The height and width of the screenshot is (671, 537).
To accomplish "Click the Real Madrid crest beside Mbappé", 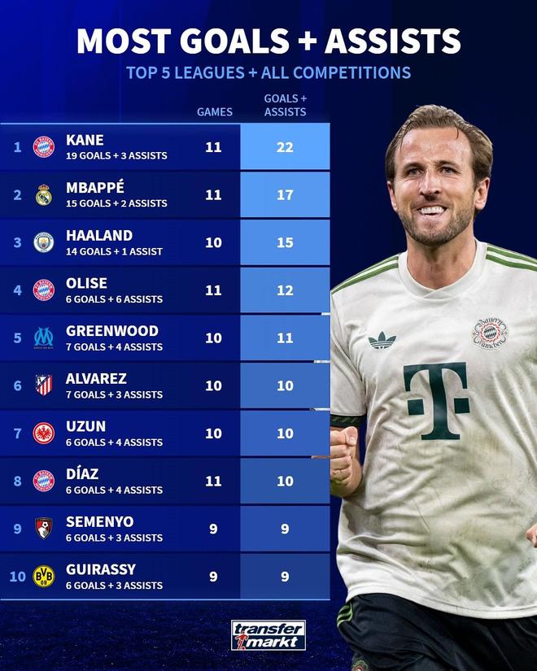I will [43, 194].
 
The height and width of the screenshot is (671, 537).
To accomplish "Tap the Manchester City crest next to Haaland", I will [43, 242].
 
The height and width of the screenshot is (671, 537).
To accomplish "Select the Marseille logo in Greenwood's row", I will [43, 338].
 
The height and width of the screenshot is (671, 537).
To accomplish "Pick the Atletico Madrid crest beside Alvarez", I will [43, 386].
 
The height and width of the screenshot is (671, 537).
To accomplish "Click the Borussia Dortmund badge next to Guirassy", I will [43, 577].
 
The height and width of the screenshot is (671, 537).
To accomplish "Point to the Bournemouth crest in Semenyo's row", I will [43, 529].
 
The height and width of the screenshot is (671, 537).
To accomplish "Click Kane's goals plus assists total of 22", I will [285, 147].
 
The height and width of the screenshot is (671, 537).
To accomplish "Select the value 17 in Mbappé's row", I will [285, 195].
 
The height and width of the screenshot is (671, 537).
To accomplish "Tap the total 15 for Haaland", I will [285, 242].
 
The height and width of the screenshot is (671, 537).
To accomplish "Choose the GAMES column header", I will [215, 112].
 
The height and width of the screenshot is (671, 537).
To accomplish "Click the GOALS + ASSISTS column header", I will [285, 106].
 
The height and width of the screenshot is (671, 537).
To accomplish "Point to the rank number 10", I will [17, 577].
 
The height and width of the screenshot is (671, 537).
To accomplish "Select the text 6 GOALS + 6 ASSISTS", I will [115, 299].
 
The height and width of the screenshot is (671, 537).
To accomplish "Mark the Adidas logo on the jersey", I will [382, 339].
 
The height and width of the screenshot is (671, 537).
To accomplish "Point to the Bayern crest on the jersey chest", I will [489, 333].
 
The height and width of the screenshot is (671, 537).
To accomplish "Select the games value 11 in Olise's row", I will [213, 290].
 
